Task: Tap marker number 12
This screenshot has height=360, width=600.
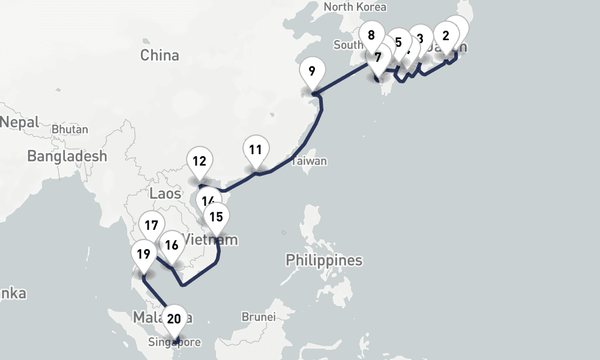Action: coord(200,161)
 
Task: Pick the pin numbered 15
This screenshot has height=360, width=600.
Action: coord(217,217)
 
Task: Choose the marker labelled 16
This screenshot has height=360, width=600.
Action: coord(172,245)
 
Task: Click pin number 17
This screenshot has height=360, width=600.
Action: coord(151,226)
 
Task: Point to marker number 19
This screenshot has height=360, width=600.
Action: coord(143,254)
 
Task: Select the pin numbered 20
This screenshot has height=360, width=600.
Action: coord(174,319)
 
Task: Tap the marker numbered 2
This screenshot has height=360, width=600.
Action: coord(446,35)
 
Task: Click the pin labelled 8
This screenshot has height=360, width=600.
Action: coord(371,35)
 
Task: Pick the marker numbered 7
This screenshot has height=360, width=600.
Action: coord(377,58)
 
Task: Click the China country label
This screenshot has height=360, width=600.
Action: coord(160,55)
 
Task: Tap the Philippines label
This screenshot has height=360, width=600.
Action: coord(324,260)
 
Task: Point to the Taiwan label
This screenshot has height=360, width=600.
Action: coord(309,161)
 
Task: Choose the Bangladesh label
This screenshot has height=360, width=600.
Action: coord(67,156)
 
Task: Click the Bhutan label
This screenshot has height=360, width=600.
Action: coord(70,129)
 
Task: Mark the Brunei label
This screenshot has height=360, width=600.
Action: coord(258,316)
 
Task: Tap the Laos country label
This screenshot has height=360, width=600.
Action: coord(165,194)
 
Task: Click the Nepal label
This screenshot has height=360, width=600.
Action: coord(19,122)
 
